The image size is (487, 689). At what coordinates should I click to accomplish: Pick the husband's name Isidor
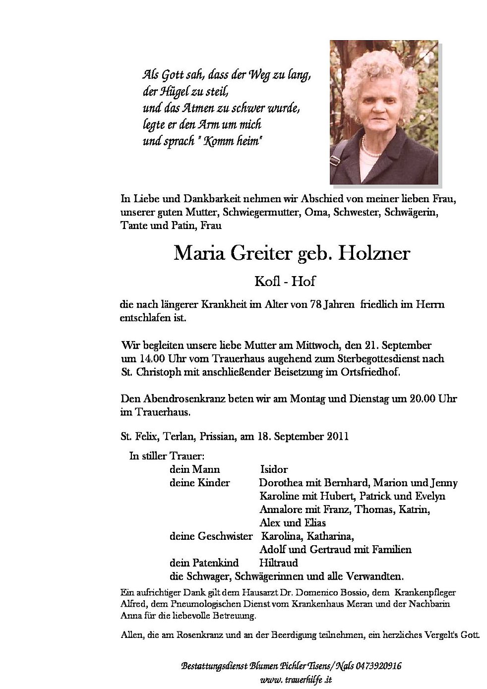274,469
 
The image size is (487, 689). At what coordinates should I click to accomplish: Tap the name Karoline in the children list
279,496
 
